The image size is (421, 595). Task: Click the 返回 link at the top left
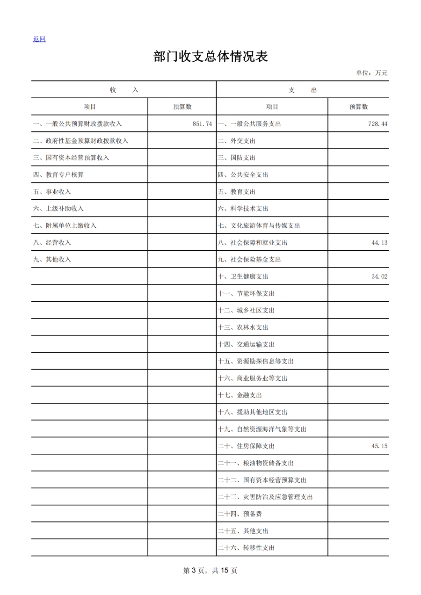click(x=39, y=39)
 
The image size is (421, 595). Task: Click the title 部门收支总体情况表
click(x=210, y=57)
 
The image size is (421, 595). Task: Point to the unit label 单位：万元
click(x=371, y=73)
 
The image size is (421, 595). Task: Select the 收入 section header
click(x=124, y=90)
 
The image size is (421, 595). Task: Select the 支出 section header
click(x=303, y=90)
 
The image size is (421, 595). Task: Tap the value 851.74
click(x=202, y=124)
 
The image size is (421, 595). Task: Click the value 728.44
click(x=378, y=124)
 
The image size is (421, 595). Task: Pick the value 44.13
click(x=379, y=243)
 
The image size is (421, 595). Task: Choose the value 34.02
click(x=379, y=276)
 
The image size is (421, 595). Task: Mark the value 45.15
click(x=379, y=446)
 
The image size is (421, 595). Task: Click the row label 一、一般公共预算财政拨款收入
click(x=78, y=124)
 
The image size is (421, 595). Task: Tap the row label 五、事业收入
click(x=52, y=192)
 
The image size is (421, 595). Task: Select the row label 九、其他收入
click(x=52, y=260)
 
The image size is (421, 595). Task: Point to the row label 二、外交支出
click(x=237, y=141)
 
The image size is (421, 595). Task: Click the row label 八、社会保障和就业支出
click(x=253, y=243)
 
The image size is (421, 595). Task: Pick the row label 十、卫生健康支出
click(x=243, y=276)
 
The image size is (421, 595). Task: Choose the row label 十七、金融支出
click(x=240, y=395)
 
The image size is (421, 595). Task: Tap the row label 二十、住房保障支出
click(x=247, y=446)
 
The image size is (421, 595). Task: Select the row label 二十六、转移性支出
click(x=247, y=548)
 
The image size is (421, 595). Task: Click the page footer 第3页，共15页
click(x=210, y=571)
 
